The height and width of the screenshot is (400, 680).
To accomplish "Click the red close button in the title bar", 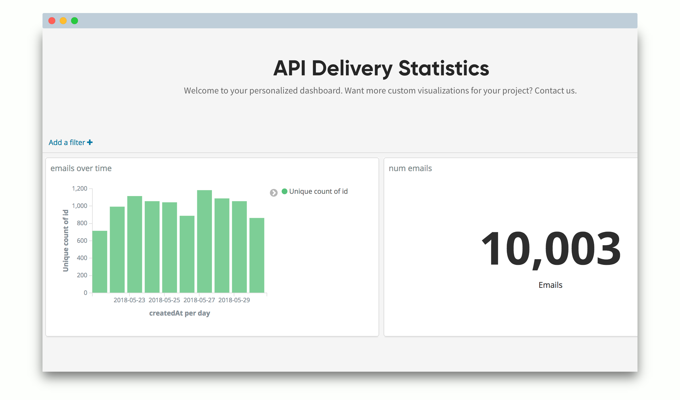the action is coord(52,21).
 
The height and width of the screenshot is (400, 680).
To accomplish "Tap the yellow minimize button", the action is coord(63,21).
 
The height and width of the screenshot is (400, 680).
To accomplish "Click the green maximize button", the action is coord(75,21).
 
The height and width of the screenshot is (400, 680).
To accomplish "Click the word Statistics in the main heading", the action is coord(444,68).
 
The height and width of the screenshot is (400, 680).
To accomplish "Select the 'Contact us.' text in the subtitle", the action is coord(556,91).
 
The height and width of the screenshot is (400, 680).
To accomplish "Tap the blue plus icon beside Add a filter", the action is coord(90,142).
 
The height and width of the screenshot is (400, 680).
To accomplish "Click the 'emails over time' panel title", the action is coord(81,168).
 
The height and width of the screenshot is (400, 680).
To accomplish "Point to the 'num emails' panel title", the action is coord(410,168).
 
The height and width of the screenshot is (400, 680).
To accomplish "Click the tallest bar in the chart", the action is coord(205,241).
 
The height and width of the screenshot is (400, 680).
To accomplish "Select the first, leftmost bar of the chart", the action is coord(100,262).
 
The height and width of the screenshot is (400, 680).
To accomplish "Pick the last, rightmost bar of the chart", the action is coord(257,255).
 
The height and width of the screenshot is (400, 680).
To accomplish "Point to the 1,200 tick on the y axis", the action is coord(80,189).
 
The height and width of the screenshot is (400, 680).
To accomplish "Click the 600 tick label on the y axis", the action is coord(82,241).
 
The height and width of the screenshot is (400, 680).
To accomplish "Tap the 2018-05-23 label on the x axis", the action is coord(129,300).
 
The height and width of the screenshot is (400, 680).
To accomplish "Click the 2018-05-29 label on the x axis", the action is coord(234,300).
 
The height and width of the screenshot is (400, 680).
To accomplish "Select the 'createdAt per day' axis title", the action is coord(180,313).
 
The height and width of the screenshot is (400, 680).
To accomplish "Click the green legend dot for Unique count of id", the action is coord(284,191).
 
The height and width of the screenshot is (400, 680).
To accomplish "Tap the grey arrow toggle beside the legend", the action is coord(274,193).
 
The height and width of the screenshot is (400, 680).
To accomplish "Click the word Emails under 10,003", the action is coord(550,285).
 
